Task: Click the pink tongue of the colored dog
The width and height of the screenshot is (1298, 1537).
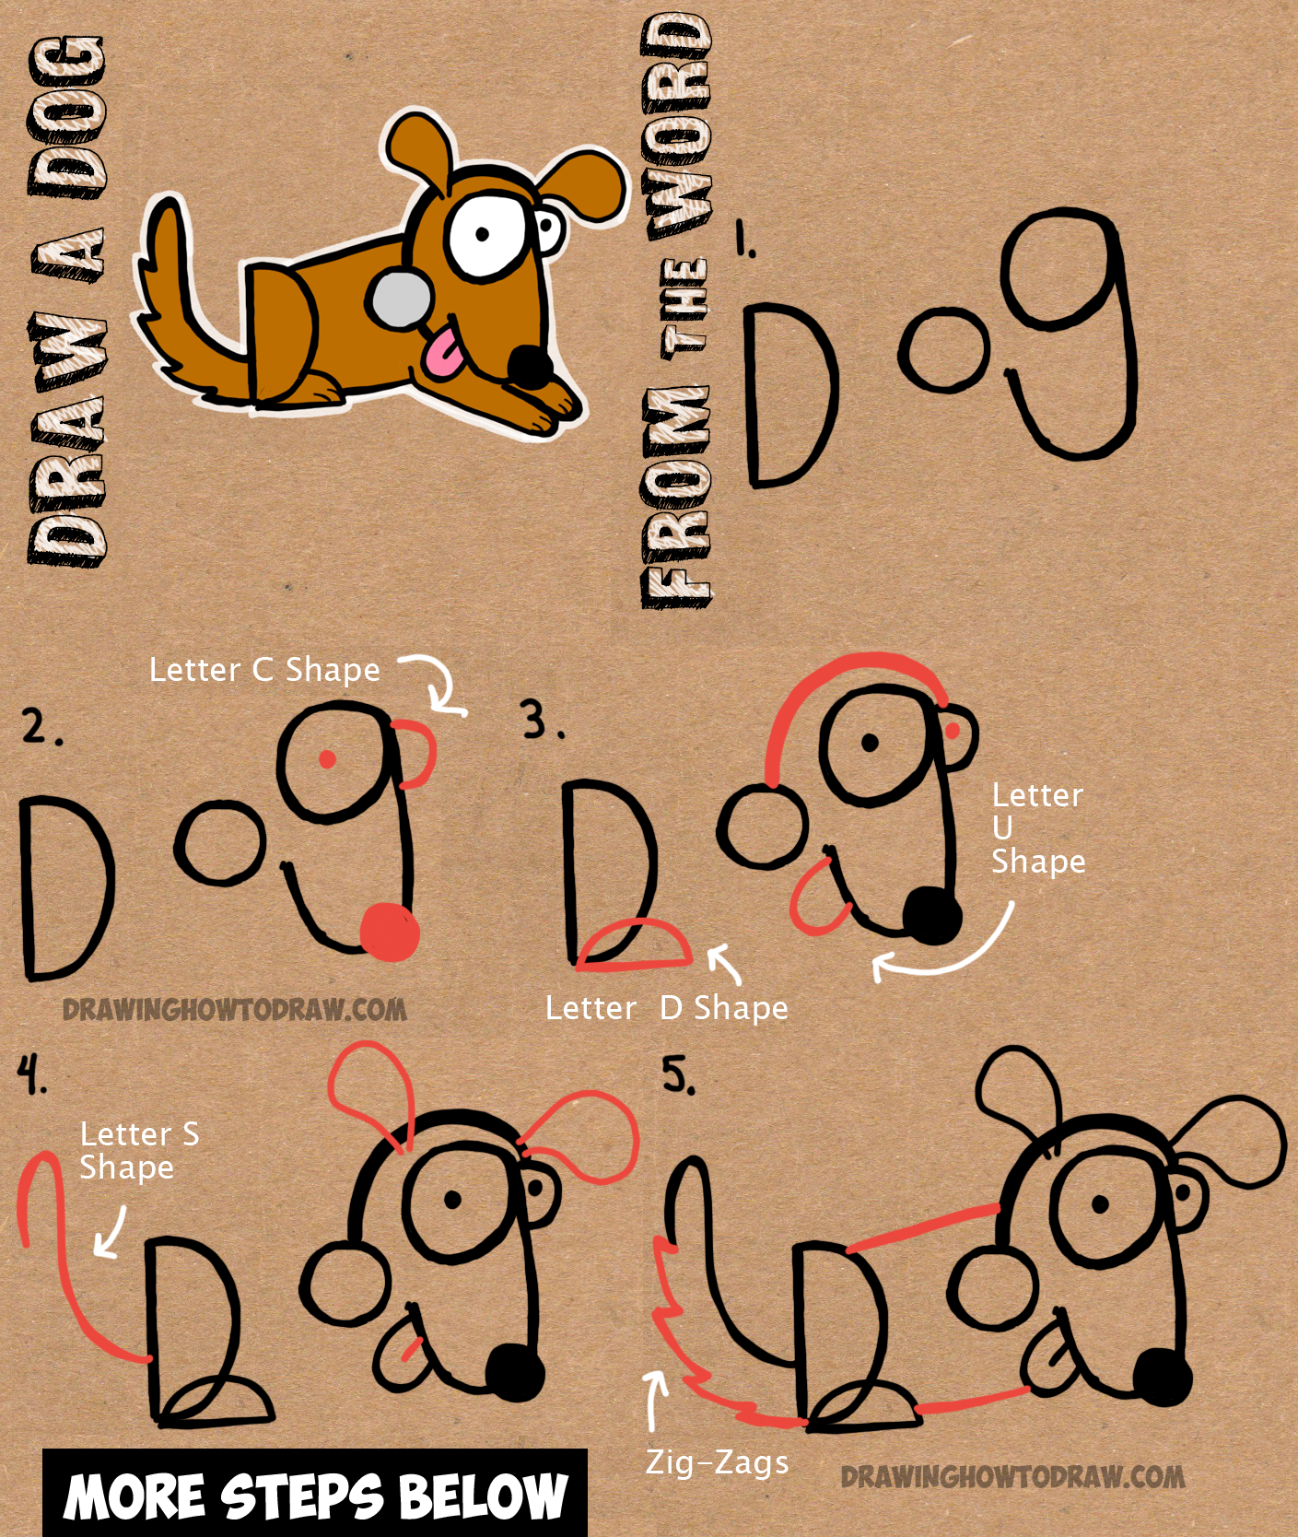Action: (x=446, y=355)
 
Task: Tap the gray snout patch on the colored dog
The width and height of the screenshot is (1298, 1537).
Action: (x=400, y=300)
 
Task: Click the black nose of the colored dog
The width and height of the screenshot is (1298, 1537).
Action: (x=532, y=365)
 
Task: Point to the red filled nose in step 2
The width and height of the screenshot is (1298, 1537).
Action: (x=389, y=932)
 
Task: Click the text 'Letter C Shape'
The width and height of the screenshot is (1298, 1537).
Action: (x=264, y=670)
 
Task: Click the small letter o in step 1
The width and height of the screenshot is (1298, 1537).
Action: (x=943, y=351)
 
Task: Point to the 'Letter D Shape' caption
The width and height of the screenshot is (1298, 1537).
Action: (x=666, y=1008)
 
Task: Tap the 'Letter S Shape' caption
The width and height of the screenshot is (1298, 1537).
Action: (x=138, y=1150)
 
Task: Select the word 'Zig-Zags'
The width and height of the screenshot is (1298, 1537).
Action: (x=717, y=1462)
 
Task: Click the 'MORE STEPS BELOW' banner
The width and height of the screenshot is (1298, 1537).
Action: (x=315, y=1494)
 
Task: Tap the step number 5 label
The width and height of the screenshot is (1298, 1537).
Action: (x=678, y=1075)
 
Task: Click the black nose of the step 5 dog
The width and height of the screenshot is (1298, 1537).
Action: (x=1162, y=1378)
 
